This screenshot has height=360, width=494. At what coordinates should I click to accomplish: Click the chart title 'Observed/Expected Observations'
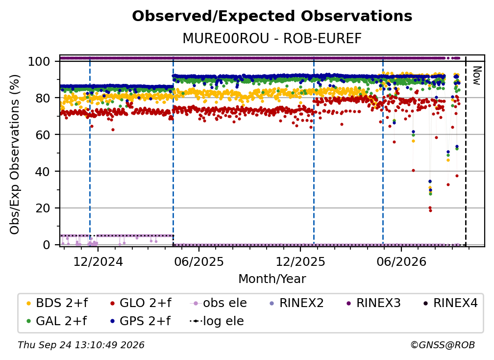(x=272, y=16)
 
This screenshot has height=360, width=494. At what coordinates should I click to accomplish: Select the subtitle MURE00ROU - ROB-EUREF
(x=272, y=38)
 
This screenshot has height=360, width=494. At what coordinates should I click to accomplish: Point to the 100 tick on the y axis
(x=39, y=61)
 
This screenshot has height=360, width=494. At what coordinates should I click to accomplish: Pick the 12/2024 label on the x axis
(x=98, y=261)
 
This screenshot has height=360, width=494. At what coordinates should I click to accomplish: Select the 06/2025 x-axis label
(x=199, y=261)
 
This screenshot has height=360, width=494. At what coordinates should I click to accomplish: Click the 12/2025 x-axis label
(x=300, y=261)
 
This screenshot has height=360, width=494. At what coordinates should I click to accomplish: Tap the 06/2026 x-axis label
(x=401, y=261)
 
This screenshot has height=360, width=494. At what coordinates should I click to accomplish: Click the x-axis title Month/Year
(x=272, y=279)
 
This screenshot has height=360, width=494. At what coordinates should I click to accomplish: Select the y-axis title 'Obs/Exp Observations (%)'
(x=15, y=154)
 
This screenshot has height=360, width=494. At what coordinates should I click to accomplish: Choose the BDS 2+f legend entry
(x=57, y=303)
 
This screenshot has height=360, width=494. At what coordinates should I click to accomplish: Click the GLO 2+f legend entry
(x=141, y=303)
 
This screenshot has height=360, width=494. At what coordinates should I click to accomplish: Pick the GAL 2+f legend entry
(x=57, y=321)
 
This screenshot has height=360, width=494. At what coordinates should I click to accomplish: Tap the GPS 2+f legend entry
(x=141, y=321)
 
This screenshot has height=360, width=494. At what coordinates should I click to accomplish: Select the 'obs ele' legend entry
(x=219, y=303)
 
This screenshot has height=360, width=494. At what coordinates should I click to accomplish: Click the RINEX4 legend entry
(x=450, y=303)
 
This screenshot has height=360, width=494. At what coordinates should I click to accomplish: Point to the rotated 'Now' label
(x=477, y=76)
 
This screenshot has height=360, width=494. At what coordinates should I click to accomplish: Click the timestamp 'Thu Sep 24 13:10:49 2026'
(x=81, y=345)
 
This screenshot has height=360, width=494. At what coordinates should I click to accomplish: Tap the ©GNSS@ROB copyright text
(x=443, y=345)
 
